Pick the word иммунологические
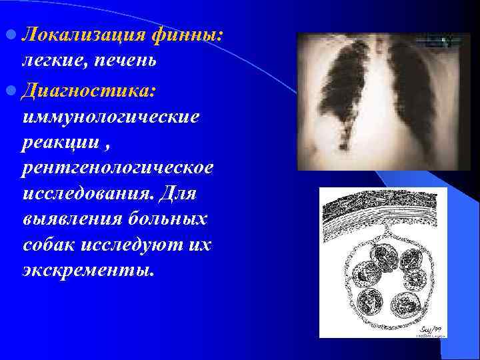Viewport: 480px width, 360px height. coord(109,117)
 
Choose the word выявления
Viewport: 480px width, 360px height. coord(70,219)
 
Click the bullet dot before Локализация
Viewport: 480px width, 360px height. coord(12,34)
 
